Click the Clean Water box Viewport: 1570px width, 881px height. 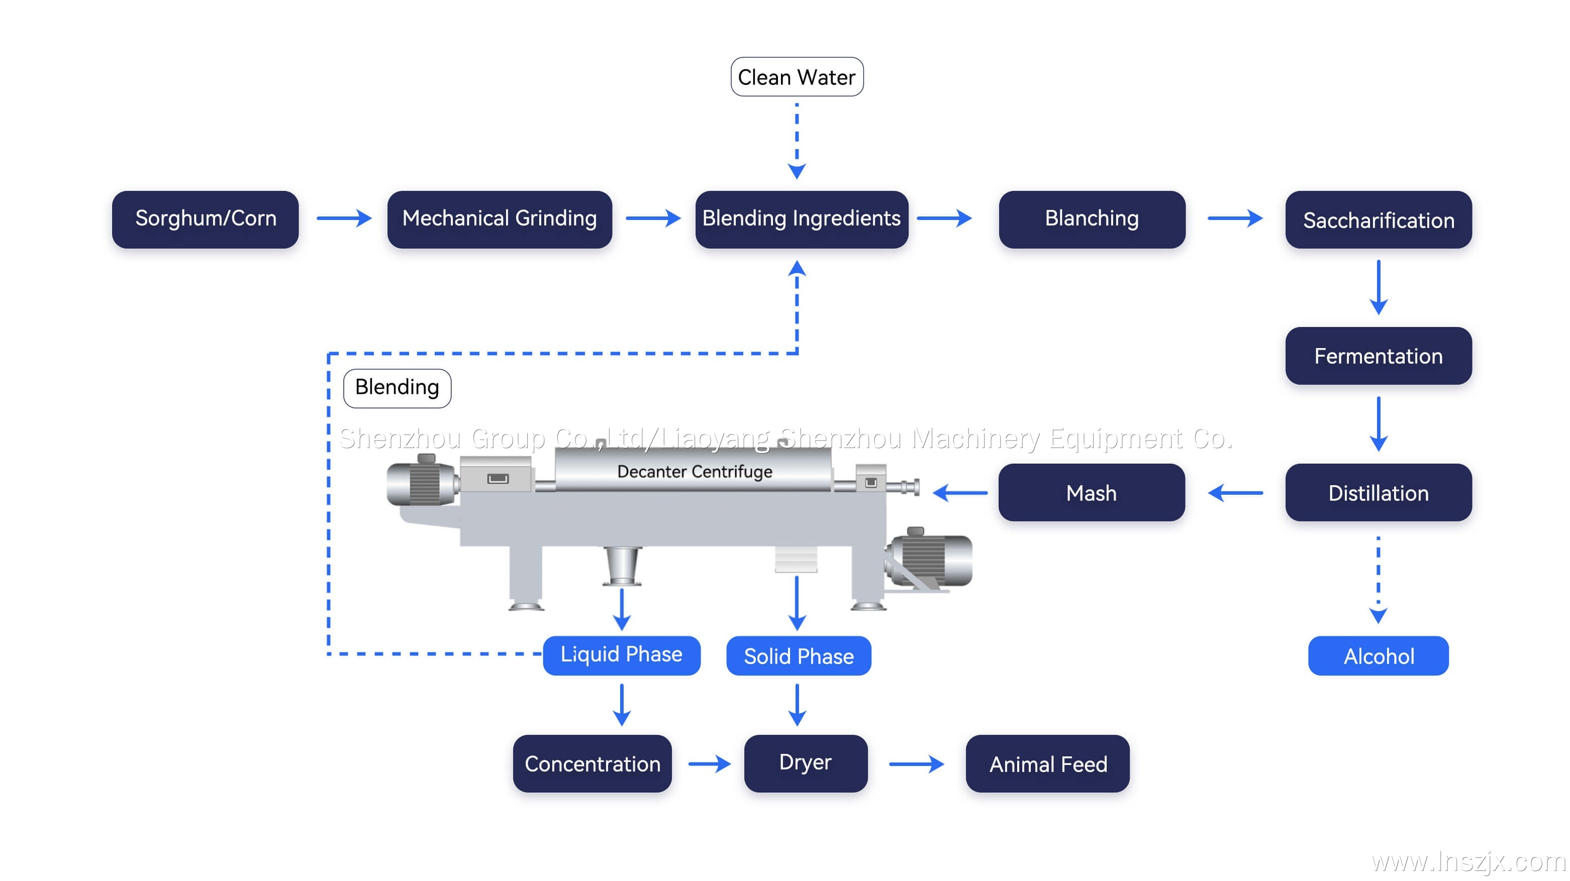tap(797, 77)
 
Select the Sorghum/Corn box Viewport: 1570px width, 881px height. tap(206, 218)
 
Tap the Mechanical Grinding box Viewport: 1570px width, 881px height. tap(499, 218)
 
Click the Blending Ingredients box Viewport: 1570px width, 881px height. tap(802, 218)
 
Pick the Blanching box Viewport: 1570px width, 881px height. tap(1092, 218)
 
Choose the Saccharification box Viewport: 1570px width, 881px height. tap(1378, 220)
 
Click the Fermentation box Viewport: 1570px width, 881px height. tap(1378, 356)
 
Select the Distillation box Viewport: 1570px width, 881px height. tap(1378, 492)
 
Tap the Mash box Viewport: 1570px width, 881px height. tap(1091, 492)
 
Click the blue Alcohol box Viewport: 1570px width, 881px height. tap(1378, 655)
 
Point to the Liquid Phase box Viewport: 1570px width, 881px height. tap(621, 655)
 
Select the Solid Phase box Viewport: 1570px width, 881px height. tap(799, 655)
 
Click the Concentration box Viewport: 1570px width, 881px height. tap(592, 763)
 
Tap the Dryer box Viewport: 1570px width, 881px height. tap(805, 763)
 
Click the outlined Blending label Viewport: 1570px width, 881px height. tap(397, 387)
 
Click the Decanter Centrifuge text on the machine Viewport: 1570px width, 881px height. tap(694, 472)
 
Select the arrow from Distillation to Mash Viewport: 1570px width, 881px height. tap(1235, 492)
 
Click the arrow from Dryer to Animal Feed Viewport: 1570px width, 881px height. tap(916, 763)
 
